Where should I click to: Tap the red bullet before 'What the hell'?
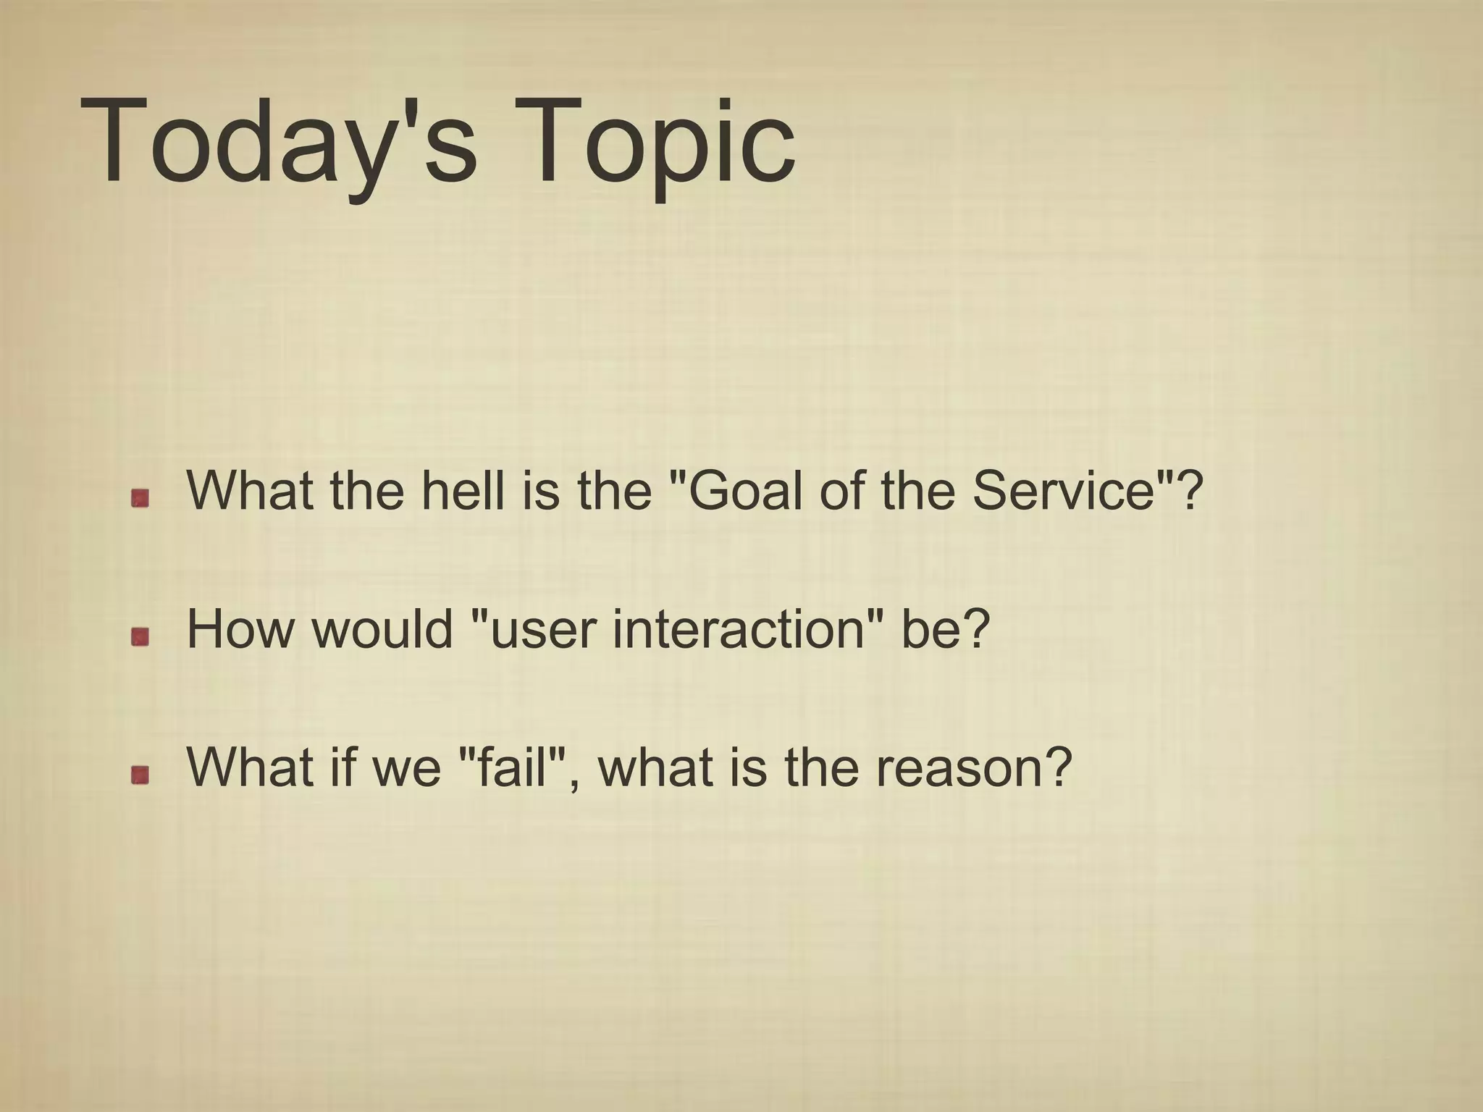[140, 497]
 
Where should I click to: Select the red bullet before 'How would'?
[140, 636]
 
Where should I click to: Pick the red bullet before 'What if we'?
[140, 775]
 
